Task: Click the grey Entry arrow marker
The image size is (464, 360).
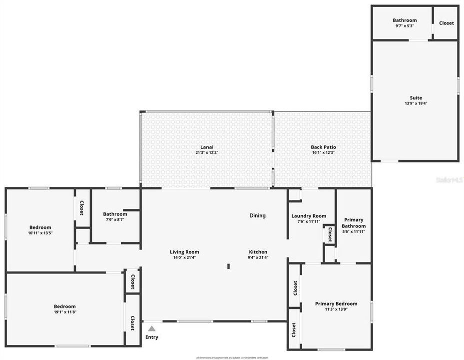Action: (x=152, y=328)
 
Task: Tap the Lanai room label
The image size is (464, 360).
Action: (x=207, y=147)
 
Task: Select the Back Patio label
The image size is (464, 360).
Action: (x=323, y=147)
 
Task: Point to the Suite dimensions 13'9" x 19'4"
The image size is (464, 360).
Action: (x=416, y=103)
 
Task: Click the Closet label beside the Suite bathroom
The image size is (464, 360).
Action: (x=446, y=23)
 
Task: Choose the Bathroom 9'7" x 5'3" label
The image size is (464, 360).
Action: (x=404, y=20)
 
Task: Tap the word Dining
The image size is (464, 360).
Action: (x=257, y=215)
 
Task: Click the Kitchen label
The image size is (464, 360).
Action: (x=258, y=252)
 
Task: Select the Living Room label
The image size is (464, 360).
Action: (x=184, y=252)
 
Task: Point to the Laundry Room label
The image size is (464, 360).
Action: (x=309, y=216)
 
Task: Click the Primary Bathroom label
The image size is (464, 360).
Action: (x=354, y=223)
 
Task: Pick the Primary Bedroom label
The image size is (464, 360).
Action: (x=336, y=303)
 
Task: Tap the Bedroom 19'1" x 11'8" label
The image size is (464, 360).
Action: (x=65, y=306)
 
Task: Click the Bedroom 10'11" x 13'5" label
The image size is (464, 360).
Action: (x=40, y=227)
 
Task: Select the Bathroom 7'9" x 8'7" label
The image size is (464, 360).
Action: (x=115, y=214)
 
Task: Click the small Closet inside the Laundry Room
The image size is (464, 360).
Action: (x=330, y=234)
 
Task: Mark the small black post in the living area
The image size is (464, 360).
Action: (x=228, y=266)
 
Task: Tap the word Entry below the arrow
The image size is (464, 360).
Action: (x=152, y=337)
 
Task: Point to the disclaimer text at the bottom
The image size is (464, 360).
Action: (x=232, y=357)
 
